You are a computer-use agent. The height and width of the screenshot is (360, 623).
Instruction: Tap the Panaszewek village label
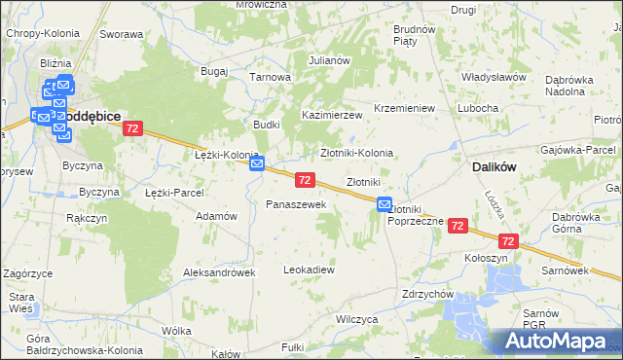click(x=289, y=204)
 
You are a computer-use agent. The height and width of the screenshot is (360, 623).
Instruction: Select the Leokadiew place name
click(x=309, y=269)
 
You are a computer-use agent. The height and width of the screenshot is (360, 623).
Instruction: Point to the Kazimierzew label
click(x=331, y=115)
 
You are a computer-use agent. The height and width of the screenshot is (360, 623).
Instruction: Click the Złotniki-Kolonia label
click(x=356, y=153)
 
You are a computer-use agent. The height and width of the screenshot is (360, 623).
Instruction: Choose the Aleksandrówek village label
click(x=219, y=273)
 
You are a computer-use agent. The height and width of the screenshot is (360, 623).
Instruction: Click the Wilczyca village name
click(x=355, y=318)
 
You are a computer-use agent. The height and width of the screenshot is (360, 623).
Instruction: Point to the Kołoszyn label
click(x=486, y=258)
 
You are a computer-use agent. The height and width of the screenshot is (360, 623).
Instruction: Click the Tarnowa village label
click(x=271, y=77)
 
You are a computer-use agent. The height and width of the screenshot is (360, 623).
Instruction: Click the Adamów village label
click(x=217, y=216)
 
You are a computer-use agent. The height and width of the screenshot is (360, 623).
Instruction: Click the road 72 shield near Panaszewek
click(x=305, y=180)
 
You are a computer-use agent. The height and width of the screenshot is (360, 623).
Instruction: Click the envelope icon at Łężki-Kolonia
click(x=257, y=165)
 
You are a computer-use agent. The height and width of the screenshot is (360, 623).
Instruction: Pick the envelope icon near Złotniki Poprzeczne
click(x=384, y=205)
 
